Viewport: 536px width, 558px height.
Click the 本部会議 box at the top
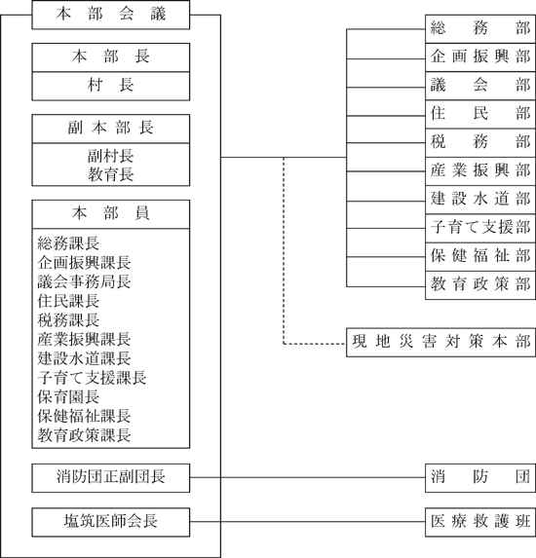pos(111,15)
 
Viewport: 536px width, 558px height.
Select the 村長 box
pos(111,86)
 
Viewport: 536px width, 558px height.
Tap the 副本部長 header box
pos(111,129)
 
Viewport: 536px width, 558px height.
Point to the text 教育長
pos(111,174)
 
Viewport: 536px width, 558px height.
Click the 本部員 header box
pos(111,214)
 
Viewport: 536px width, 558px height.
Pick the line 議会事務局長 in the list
pos(84,281)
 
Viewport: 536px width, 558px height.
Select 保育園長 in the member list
pos(68,396)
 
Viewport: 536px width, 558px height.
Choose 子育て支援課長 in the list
pos(92,378)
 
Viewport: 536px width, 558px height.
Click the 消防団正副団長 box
pos(111,478)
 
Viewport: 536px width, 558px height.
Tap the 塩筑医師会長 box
pos(111,522)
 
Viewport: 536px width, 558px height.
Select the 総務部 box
pos(480,29)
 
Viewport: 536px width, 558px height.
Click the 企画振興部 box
pos(480,57)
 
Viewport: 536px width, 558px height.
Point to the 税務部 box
pos(480,143)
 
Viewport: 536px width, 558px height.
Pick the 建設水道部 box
pos(480,200)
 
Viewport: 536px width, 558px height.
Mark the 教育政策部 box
pos(480,285)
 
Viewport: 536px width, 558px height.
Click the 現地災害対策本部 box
pos(440,343)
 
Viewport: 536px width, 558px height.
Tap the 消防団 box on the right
pos(480,478)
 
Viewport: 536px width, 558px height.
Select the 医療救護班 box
pos(480,522)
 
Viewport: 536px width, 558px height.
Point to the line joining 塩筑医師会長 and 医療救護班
pos(307,522)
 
